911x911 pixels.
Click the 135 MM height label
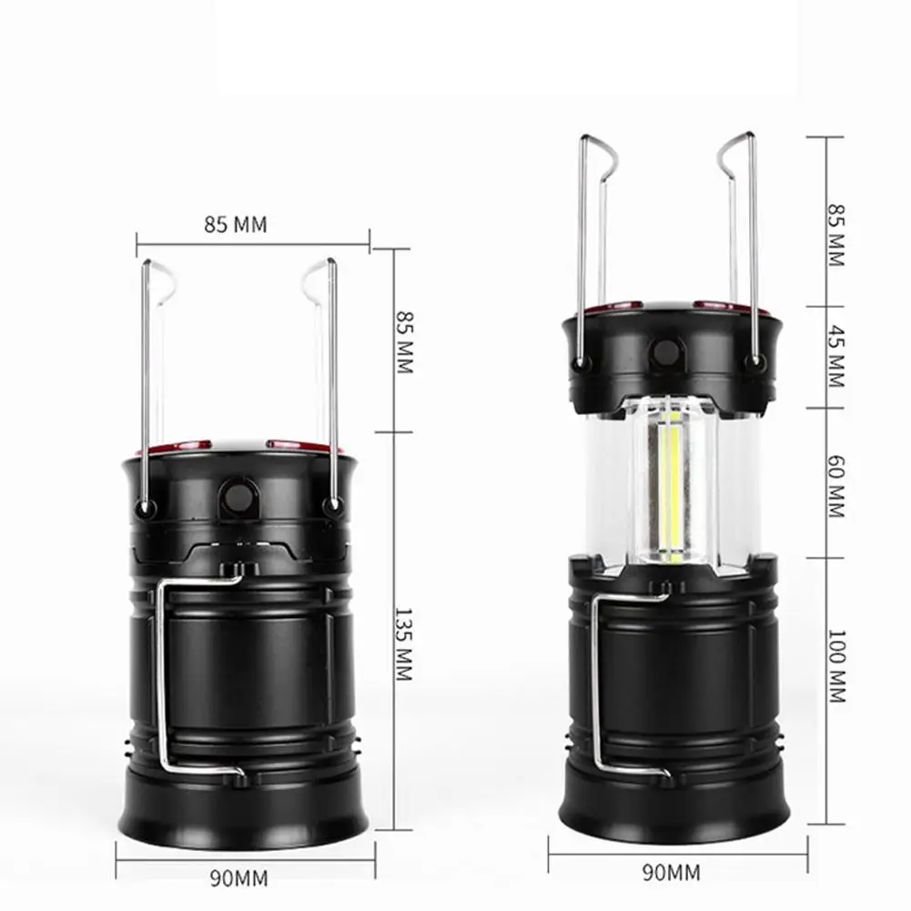click(x=404, y=643)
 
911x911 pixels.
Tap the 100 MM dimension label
click(x=836, y=666)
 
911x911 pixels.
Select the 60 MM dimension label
click(x=836, y=486)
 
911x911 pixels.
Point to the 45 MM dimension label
click(x=836, y=356)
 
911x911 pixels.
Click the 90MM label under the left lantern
click(x=238, y=878)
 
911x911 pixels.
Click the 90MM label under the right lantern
click(x=671, y=872)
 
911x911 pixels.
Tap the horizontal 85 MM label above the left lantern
click(x=236, y=224)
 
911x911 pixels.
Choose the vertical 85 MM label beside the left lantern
click(x=404, y=342)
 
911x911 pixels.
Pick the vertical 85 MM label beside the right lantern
click(x=836, y=235)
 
